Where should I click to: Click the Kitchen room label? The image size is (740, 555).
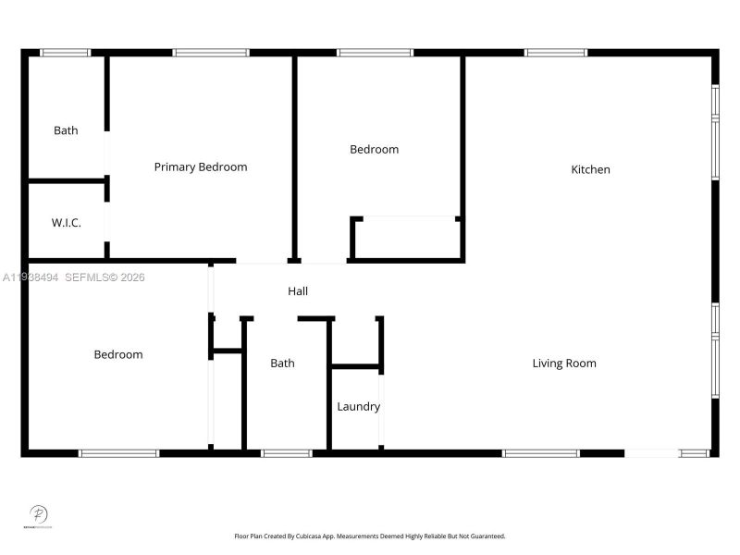[590, 169]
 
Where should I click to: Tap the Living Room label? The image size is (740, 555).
[564, 364]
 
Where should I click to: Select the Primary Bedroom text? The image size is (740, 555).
[201, 167]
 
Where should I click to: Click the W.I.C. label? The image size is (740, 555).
[66, 223]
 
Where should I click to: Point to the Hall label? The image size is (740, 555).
[298, 291]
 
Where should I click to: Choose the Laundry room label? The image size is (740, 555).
[358, 407]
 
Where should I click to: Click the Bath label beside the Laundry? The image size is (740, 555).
[282, 364]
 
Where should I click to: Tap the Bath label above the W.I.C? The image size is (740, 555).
[66, 130]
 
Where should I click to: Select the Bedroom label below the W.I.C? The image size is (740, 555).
[118, 354]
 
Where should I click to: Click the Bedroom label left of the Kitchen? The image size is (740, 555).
[374, 149]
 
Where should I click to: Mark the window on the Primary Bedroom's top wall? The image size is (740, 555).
[211, 53]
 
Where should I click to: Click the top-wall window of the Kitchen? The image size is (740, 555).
[555, 53]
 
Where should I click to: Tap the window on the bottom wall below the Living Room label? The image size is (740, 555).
[541, 453]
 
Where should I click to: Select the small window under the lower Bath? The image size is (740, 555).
[286, 453]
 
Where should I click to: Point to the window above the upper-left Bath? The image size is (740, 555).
[66, 53]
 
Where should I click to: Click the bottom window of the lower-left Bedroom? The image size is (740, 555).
[118, 453]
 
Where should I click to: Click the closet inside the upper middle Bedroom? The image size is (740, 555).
[407, 239]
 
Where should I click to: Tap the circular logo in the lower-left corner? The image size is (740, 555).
[39, 514]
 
